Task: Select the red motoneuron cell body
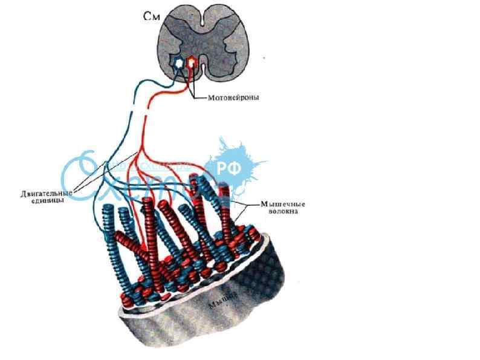pyautogui.click(x=192, y=62)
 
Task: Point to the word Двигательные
pyautogui.click(x=45, y=194)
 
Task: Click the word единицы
pyautogui.click(x=49, y=201)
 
